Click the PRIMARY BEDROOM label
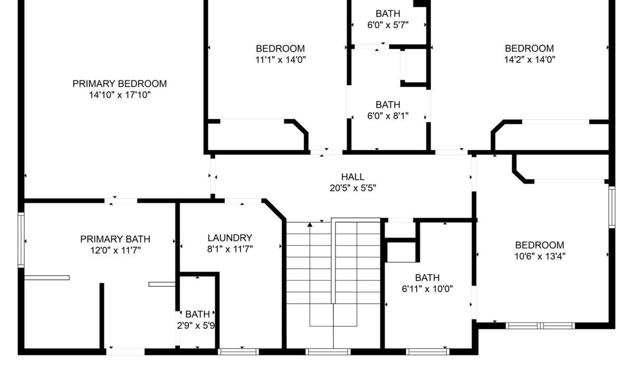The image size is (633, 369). [x=120, y=84]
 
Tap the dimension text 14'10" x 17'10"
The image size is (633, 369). [x=120, y=95]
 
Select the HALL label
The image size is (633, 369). [x=353, y=177]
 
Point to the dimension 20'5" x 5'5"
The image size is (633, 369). [x=353, y=188]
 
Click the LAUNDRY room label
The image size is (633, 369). [x=230, y=238]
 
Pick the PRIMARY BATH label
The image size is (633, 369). [x=115, y=239]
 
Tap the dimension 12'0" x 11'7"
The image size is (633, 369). [x=116, y=250]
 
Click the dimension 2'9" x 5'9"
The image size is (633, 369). [x=196, y=326]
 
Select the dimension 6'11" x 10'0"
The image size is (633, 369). [x=427, y=289]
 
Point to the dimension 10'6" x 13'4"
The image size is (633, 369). [x=540, y=256]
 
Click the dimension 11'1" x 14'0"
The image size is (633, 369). [x=280, y=60]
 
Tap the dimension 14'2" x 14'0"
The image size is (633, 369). [x=530, y=60]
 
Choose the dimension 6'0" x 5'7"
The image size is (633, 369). [x=388, y=25]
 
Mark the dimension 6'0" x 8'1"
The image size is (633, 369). [x=388, y=116]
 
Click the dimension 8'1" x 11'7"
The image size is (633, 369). [x=230, y=249]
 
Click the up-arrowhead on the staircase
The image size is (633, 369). [x=310, y=225]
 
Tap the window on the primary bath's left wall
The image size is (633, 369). [x=21, y=240]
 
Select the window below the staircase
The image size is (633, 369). [x=328, y=352]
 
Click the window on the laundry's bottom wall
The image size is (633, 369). [x=238, y=352]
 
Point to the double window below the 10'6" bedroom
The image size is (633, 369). [x=540, y=326]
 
